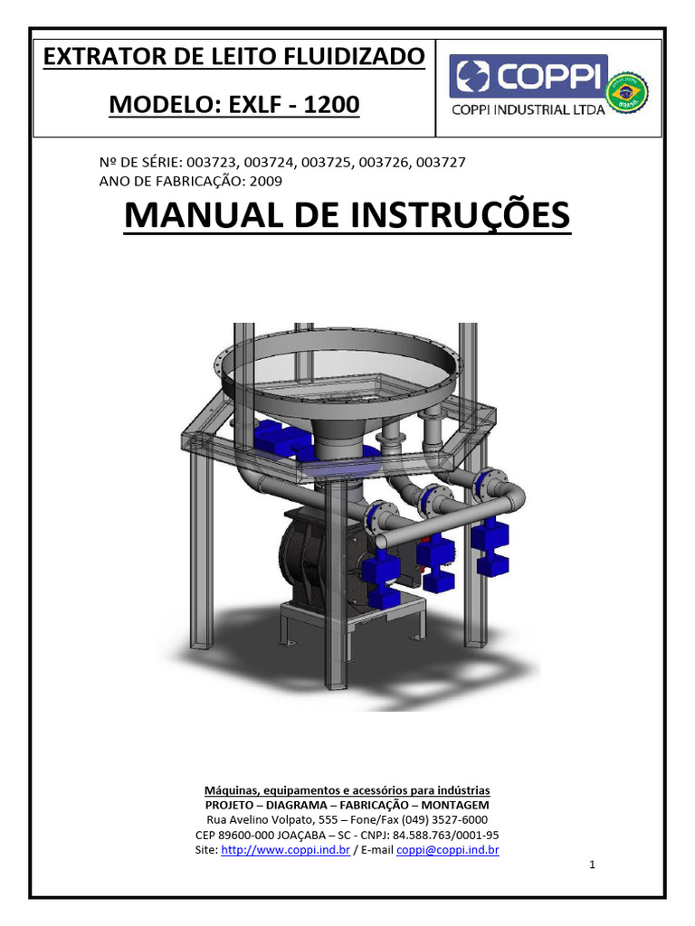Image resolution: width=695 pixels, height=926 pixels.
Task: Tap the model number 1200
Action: pyautogui.click(x=331, y=105)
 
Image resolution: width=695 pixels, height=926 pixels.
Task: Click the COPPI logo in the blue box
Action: pyautogui.click(x=528, y=76)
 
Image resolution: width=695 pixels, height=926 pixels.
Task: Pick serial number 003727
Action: pyautogui.click(x=438, y=162)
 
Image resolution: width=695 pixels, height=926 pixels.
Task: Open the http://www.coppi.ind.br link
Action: pyautogui.click(x=285, y=850)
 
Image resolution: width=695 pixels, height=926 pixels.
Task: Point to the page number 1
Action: pyautogui.click(x=592, y=865)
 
